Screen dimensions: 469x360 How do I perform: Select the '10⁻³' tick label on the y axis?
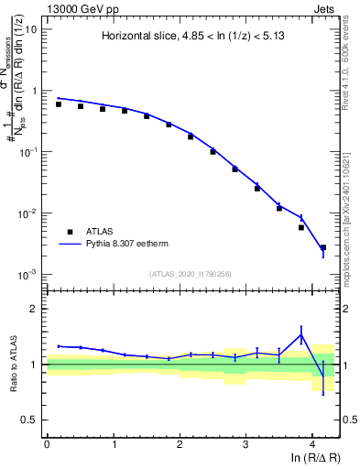point(27,275)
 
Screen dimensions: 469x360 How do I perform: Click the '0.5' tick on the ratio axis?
point(30,420)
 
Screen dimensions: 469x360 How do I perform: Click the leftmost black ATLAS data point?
point(59,104)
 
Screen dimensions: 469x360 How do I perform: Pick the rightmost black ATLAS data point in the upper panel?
point(322,247)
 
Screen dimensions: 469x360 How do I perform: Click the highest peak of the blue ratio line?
point(300,334)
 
